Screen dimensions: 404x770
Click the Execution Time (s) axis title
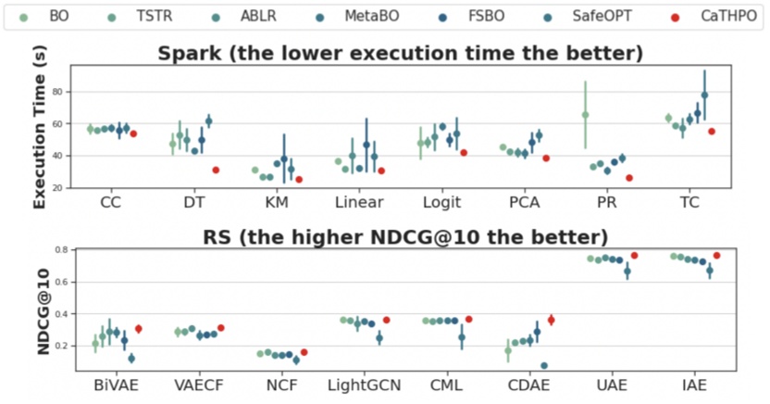40,126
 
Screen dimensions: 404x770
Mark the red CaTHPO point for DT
216,170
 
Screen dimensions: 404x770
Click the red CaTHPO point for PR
629,178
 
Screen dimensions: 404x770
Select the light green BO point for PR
585,115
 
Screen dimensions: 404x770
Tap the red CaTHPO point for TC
712,132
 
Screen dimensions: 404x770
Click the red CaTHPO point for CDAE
552,320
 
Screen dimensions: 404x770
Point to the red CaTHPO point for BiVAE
139,329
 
